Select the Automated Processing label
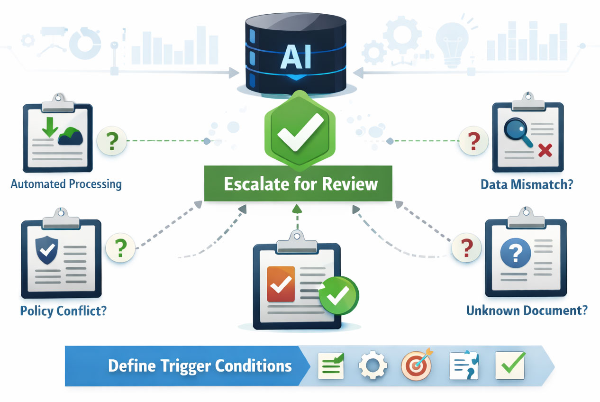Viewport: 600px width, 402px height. tap(66, 184)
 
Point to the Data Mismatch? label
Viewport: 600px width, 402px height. tap(526, 184)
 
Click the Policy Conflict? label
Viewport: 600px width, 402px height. tap(63, 311)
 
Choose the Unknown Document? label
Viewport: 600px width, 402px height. tap(527, 311)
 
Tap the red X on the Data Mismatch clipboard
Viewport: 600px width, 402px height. tap(545, 151)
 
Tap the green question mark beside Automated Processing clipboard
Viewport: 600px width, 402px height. tap(111, 141)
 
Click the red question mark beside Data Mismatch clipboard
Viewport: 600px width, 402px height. tap(473, 141)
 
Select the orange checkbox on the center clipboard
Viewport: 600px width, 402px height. tap(281, 284)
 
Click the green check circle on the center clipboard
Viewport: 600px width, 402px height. tap(339, 296)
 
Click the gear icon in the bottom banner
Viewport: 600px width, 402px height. tap(372, 366)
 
